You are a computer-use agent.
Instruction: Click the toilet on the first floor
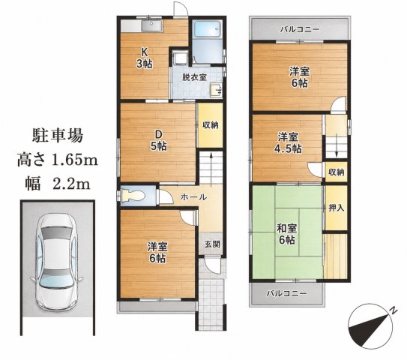click(133, 196)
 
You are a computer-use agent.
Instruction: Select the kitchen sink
click(151, 26)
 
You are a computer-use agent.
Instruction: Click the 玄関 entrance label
click(212, 244)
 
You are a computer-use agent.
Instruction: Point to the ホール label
click(193, 197)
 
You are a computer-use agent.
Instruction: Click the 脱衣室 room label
click(194, 77)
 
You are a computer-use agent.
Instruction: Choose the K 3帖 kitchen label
click(145, 58)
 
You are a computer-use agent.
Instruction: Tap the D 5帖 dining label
click(159, 140)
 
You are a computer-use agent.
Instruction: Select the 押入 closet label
click(336, 208)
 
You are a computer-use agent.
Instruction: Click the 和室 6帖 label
click(286, 234)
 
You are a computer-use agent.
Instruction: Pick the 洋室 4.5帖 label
click(288, 142)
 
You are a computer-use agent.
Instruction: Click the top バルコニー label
click(300, 29)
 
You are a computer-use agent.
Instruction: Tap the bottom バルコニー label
click(287, 294)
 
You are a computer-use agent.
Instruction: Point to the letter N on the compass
click(394, 310)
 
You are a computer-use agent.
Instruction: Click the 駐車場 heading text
click(58, 136)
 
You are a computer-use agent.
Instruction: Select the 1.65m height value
click(75, 160)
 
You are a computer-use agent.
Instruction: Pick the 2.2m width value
click(71, 184)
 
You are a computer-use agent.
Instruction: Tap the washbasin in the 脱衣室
click(216, 90)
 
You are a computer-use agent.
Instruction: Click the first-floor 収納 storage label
click(211, 125)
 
